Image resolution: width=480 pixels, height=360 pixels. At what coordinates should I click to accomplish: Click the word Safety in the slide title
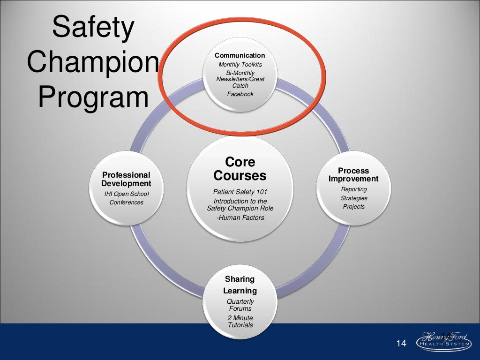pos(93,28)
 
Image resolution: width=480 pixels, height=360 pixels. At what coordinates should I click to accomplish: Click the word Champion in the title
pos(93,62)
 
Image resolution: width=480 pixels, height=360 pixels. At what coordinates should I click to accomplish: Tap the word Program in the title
pos(93,97)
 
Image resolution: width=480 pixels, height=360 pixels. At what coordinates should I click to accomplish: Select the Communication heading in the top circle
pos(240,55)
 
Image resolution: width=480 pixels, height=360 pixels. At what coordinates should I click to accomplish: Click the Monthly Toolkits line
pos(240,65)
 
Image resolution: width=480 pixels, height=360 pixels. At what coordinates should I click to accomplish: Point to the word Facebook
pos(240,94)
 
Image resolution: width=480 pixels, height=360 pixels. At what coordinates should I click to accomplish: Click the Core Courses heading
pos(240,169)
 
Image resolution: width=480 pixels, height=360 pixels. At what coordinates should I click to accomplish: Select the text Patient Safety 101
pos(240,192)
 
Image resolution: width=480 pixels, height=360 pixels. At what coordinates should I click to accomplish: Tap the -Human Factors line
pos(240,217)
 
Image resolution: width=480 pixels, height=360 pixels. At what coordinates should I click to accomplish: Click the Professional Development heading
pos(126,179)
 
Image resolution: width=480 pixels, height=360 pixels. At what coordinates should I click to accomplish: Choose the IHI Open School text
pos(126,194)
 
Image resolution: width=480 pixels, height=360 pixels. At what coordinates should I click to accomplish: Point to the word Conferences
pos(126,202)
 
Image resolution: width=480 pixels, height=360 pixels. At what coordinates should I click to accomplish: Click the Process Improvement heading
pos(353,175)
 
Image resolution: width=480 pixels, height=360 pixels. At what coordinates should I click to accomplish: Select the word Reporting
pos(354,189)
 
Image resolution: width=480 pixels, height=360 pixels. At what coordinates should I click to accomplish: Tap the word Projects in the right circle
pos(353,207)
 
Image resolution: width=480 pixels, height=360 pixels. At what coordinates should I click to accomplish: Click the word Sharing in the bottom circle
pos(240,279)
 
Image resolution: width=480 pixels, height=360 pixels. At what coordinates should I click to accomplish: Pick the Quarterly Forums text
pos(240,305)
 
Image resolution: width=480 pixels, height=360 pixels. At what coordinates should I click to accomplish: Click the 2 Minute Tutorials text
pos(240,322)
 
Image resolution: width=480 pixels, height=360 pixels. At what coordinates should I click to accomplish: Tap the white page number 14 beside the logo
pos(401,344)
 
